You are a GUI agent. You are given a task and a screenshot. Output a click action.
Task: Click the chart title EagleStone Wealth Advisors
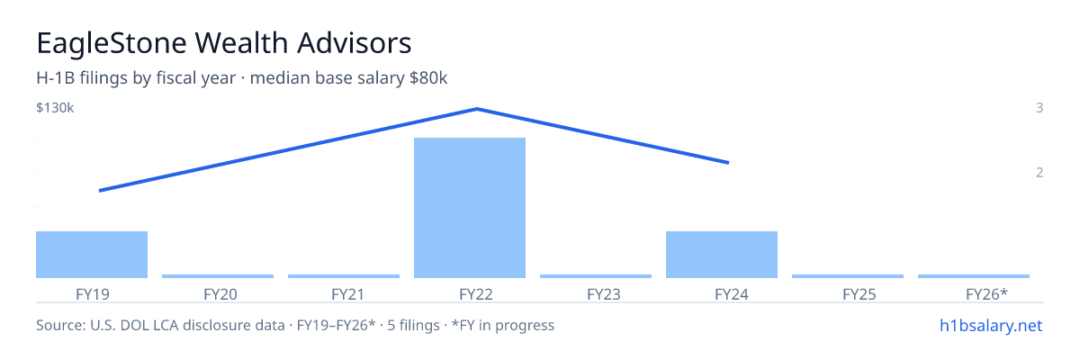tap(224, 43)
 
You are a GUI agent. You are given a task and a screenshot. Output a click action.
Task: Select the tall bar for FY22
tap(470, 208)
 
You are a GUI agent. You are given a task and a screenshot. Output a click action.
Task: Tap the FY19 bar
tap(92, 255)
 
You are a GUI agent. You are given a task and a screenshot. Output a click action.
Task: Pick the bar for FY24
tap(722, 255)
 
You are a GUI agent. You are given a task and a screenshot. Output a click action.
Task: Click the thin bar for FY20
tap(218, 276)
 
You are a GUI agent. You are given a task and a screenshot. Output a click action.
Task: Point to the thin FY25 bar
tap(848, 276)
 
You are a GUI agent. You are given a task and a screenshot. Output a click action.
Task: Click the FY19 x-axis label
tap(93, 294)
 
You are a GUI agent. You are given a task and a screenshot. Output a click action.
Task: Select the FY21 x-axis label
tap(348, 294)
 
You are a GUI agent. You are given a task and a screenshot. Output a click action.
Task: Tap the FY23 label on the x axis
tap(604, 294)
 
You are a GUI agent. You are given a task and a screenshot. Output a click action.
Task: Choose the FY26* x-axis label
tap(986, 294)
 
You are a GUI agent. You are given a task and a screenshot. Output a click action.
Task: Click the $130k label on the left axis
tap(55, 107)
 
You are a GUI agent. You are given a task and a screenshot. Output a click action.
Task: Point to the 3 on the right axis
tap(1039, 107)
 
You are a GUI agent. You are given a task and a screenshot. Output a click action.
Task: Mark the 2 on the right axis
tap(1039, 172)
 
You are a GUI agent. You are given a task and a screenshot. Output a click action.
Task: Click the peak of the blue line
tap(477, 109)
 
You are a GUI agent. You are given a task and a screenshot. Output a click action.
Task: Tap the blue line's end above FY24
tap(728, 163)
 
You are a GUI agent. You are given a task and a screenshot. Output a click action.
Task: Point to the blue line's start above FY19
tap(100, 191)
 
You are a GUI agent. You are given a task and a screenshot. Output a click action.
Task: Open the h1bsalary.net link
tap(991, 325)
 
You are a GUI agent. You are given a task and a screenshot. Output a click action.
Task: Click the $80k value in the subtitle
tap(428, 77)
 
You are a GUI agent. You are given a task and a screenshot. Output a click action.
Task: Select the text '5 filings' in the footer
tap(414, 325)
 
